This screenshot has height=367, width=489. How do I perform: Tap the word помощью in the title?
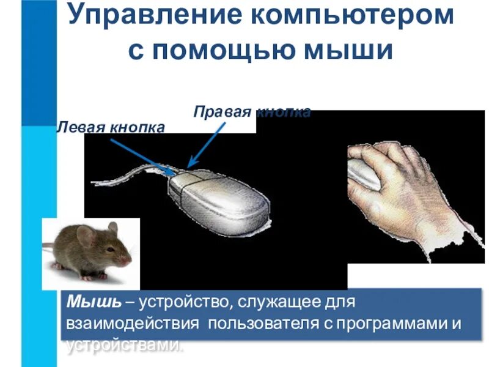point(227,50)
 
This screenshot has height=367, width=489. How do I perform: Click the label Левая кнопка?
point(111,127)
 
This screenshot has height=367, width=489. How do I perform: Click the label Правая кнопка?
point(252,112)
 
